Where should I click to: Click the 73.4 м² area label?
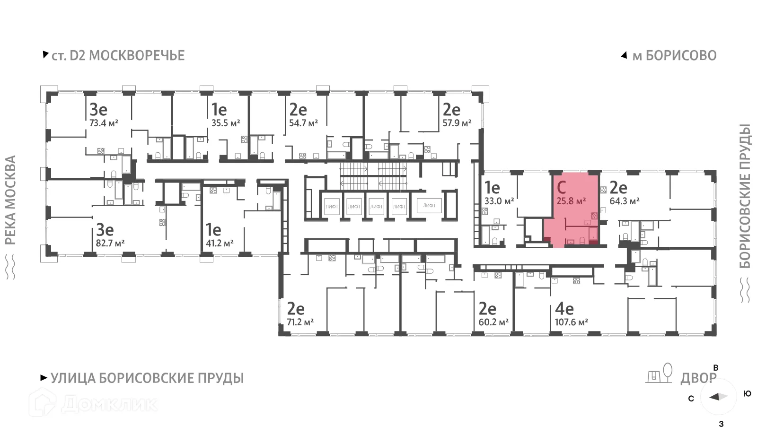pyautogui.click(x=104, y=123)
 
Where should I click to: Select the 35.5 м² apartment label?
pyautogui.click(x=226, y=123)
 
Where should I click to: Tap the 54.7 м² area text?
pyautogui.click(x=303, y=123)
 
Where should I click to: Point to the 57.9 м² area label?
pyautogui.click(x=457, y=123)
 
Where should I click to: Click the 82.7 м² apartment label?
pyautogui.click(x=110, y=244)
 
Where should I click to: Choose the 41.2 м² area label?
pyautogui.click(x=220, y=244)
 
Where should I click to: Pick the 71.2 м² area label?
pyautogui.click(x=300, y=322)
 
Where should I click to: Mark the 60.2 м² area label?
pyautogui.click(x=493, y=322)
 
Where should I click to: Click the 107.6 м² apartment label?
pyautogui.click(x=572, y=322)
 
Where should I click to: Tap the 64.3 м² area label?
pyautogui.click(x=625, y=201)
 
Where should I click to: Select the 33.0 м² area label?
pyautogui.click(x=499, y=201)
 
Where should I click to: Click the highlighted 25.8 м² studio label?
pyautogui.click(x=571, y=201)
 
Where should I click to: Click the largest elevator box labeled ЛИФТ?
pyautogui.click(x=429, y=206)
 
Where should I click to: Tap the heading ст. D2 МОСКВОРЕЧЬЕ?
pyautogui.click(x=118, y=55)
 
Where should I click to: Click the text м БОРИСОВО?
pyautogui.click(x=674, y=55)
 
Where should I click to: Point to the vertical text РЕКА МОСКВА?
pyautogui.click(x=10, y=200)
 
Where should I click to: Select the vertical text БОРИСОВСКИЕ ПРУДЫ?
pyautogui.click(x=745, y=196)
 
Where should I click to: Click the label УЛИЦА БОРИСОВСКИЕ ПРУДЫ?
pyautogui.click(x=147, y=378)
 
